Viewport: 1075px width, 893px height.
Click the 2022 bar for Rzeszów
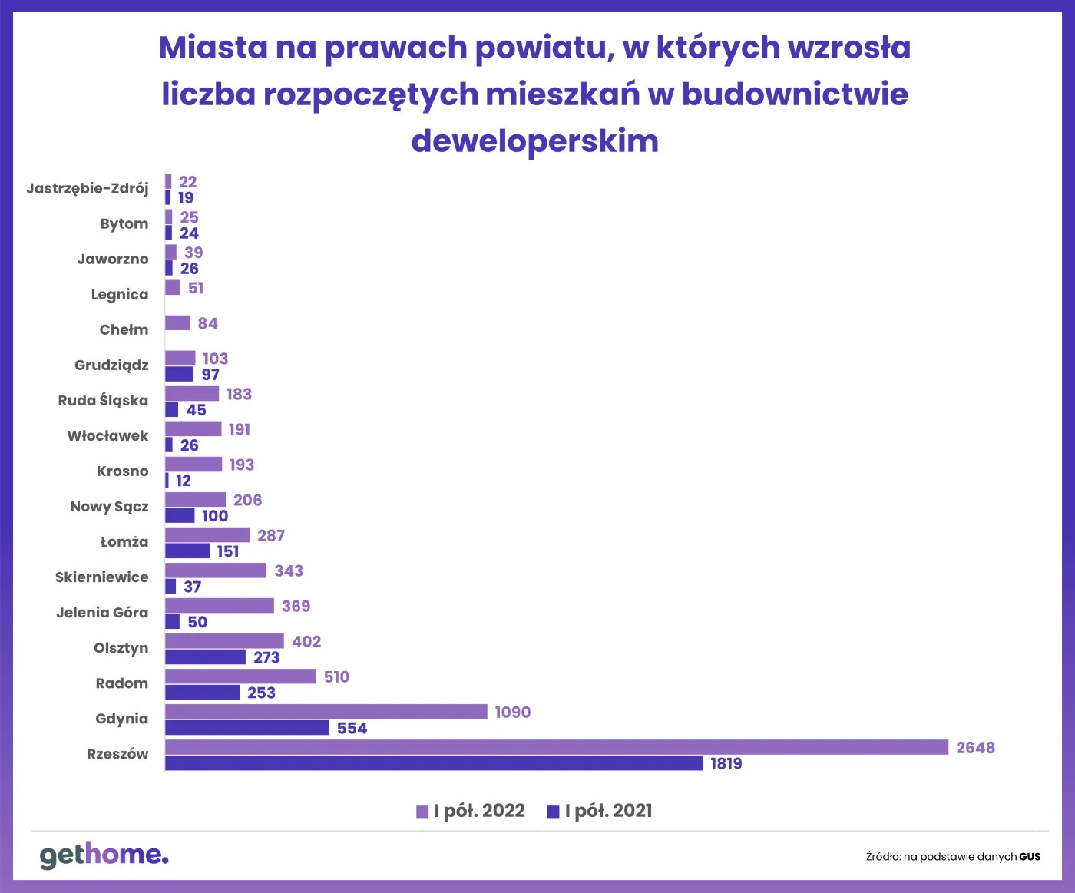pyautogui.click(x=557, y=747)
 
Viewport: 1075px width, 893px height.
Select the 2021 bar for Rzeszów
pyautogui.click(x=434, y=763)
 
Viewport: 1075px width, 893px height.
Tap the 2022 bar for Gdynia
pyautogui.click(x=326, y=712)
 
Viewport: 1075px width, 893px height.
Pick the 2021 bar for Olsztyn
pyautogui.click(x=205, y=657)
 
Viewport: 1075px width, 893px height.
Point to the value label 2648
pyautogui.click(x=975, y=748)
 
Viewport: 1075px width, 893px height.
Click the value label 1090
pyautogui.click(x=512, y=713)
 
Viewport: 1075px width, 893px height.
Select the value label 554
pyautogui.click(x=352, y=728)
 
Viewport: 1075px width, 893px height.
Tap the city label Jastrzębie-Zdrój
pyautogui.click(x=88, y=188)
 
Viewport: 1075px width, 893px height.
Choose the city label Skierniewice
pyautogui.click(x=101, y=577)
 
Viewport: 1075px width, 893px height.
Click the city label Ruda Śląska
pyautogui.click(x=103, y=400)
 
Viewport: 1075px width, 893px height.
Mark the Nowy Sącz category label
pyautogui.click(x=109, y=507)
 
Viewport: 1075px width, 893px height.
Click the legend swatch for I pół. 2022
pyautogui.click(x=422, y=812)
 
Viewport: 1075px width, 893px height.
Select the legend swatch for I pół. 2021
pyautogui.click(x=553, y=812)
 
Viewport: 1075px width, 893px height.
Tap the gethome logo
pyautogui.click(x=104, y=855)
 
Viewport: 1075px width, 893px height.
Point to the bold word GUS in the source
pyautogui.click(x=1030, y=857)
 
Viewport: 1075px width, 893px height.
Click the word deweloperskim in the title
pyautogui.click(x=535, y=141)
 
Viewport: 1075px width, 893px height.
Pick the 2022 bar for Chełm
pyautogui.click(x=177, y=323)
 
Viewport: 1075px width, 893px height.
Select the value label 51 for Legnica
pyautogui.click(x=196, y=288)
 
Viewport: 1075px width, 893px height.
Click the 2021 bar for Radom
pyautogui.click(x=202, y=693)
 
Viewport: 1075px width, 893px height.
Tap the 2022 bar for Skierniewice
pyautogui.click(x=216, y=571)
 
